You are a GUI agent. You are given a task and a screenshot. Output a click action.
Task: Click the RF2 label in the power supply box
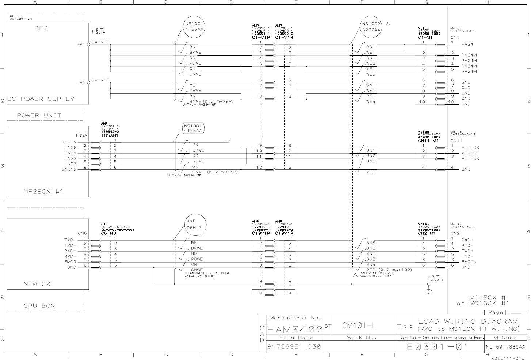(x=41, y=28)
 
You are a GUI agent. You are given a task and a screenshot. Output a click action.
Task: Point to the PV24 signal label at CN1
(x=467, y=44)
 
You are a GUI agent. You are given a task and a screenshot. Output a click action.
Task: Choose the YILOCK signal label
(x=470, y=148)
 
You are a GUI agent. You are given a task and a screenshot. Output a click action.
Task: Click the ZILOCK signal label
(x=470, y=153)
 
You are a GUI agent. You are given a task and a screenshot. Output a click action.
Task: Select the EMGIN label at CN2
(x=469, y=262)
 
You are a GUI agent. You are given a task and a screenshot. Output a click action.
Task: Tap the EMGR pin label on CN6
(x=70, y=262)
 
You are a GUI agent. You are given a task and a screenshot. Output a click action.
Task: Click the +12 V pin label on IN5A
(x=69, y=142)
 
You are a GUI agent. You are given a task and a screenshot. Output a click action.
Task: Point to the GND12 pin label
(x=69, y=169)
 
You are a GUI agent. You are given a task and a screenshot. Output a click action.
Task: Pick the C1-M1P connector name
(x=260, y=38)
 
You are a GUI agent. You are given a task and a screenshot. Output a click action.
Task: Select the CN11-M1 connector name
(x=428, y=141)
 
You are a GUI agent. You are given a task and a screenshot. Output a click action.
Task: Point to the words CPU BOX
(x=39, y=306)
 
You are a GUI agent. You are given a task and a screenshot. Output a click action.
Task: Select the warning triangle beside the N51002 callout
(x=387, y=24)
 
